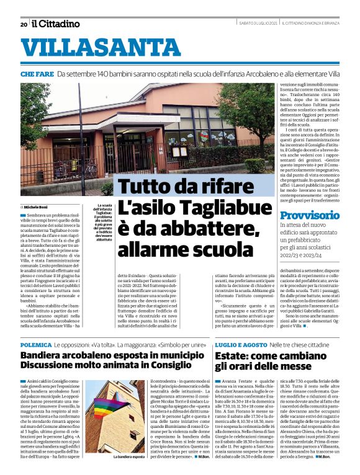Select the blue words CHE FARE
[x=36, y=74]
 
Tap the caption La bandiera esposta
[x=130, y=456]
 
